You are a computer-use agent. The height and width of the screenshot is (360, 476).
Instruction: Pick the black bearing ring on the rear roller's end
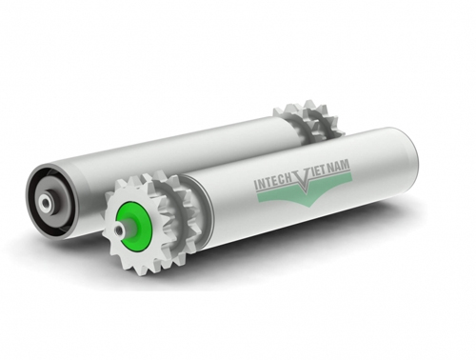[42, 190]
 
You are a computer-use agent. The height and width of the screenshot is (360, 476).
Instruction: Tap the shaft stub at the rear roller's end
[43, 202]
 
